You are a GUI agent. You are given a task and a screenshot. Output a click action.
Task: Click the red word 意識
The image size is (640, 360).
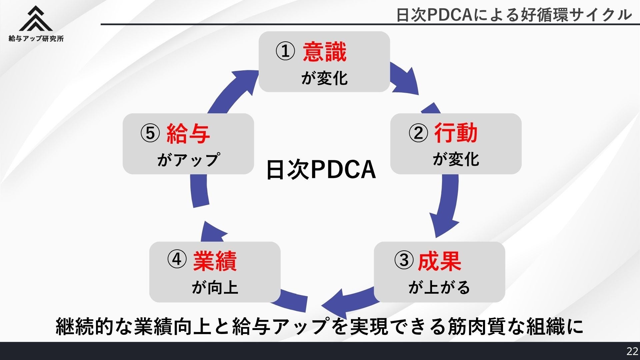click(x=324, y=52)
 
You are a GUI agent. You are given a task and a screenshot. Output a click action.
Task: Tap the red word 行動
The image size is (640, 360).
click(x=456, y=133)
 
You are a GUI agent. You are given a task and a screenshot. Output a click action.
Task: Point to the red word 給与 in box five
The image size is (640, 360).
click(x=188, y=134)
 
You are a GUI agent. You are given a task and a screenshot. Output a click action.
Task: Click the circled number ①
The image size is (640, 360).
click(x=285, y=52)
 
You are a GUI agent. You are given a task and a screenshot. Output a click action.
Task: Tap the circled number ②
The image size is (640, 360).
click(x=418, y=133)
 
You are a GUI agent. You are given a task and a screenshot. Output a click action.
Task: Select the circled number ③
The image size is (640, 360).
click(x=404, y=260)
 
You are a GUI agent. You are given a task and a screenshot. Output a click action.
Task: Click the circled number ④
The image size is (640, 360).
click(x=177, y=259)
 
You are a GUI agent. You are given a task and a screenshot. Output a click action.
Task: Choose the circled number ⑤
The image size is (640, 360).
click(x=150, y=133)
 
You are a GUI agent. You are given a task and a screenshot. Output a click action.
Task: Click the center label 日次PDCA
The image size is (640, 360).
click(x=321, y=170)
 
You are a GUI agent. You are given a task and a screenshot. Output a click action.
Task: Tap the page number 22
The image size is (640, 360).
click(x=632, y=351)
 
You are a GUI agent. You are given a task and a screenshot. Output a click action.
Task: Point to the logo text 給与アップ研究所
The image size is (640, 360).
click(x=36, y=39)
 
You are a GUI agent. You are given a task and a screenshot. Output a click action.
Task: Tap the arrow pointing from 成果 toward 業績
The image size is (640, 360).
click(x=347, y=300)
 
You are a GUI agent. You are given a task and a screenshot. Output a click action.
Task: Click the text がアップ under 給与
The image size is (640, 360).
click(x=188, y=160)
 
